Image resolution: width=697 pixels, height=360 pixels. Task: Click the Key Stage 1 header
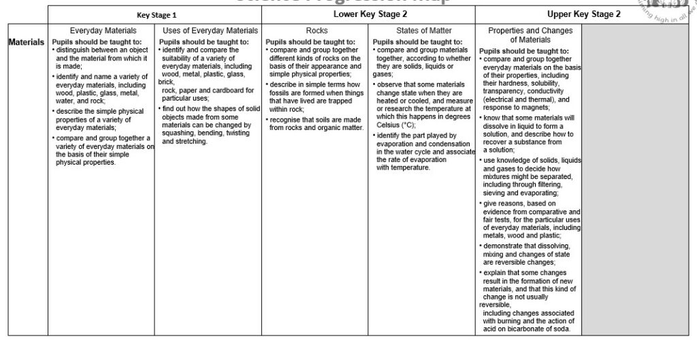click(x=156, y=14)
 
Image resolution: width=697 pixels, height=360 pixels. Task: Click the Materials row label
click(x=27, y=42)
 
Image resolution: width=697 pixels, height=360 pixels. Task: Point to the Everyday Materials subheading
click(x=103, y=31)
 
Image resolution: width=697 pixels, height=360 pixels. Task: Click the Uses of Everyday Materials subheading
click(x=210, y=31)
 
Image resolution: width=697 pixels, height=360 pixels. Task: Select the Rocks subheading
click(x=317, y=31)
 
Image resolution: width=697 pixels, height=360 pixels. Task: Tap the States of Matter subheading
click(x=422, y=31)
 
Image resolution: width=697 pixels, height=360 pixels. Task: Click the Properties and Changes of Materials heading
click(x=530, y=35)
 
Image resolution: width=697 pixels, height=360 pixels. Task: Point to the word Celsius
click(x=389, y=125)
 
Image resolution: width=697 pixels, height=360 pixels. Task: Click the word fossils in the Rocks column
click(x=280, y=93)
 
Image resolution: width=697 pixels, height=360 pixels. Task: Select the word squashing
click(x=179, y=133)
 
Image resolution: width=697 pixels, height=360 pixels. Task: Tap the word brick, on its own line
click(x=167, y=82)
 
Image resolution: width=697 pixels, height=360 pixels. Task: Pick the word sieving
click(x=496, y=193)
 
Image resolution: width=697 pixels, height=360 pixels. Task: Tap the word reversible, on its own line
click(x=495, y=305)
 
